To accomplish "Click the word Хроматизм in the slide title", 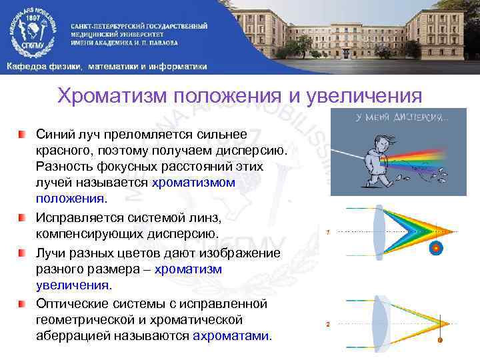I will coord(113,95).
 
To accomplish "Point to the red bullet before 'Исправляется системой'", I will coord(23,218).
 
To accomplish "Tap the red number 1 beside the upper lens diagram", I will coord(327,233).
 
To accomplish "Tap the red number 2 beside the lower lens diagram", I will coord(327,324).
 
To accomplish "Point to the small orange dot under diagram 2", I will coord(439,340).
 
